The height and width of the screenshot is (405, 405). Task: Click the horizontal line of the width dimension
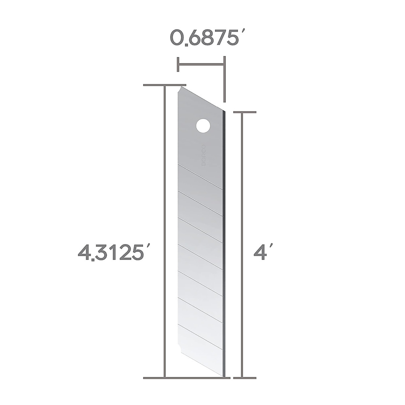(200, 64)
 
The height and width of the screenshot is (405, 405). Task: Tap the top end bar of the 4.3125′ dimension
(164, 85)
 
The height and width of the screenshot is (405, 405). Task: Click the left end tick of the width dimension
(178, 64)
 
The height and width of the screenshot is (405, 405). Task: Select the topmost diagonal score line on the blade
(200, 176)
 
